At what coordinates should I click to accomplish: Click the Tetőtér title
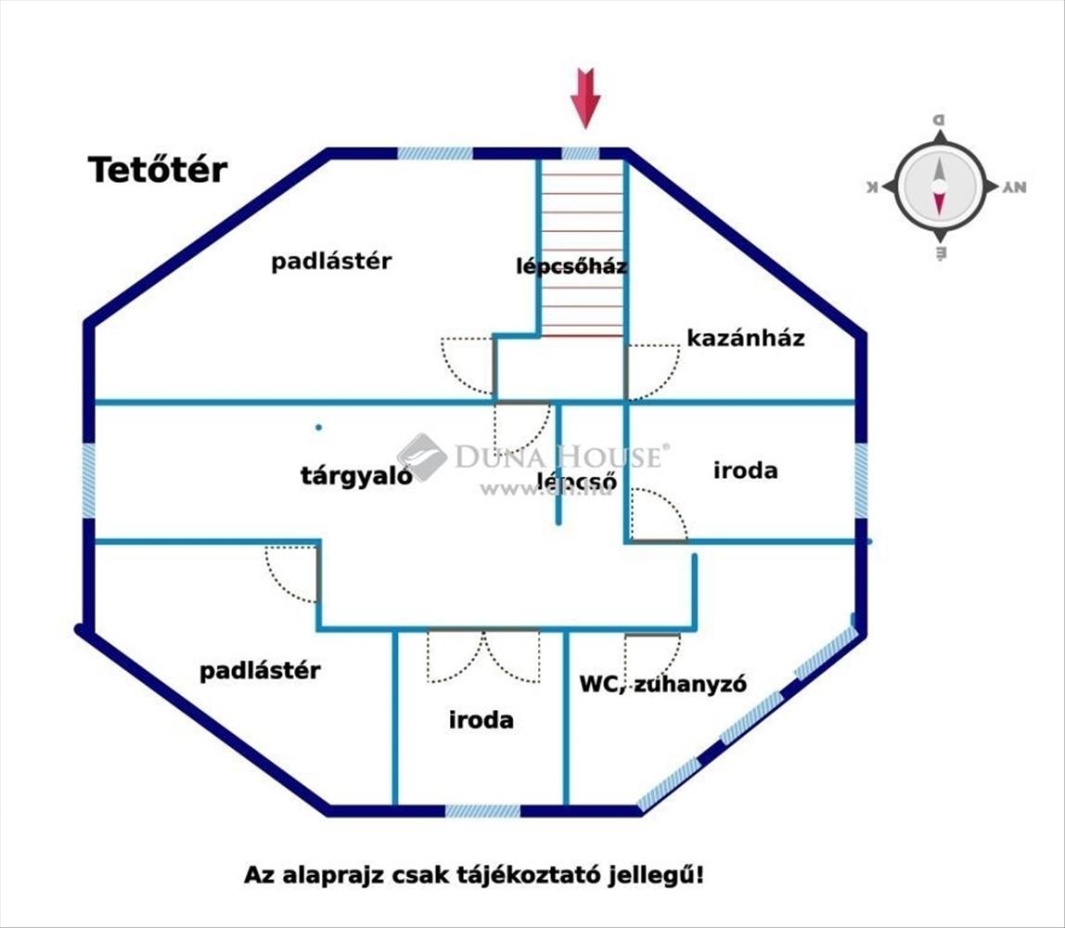(x=158, y=170)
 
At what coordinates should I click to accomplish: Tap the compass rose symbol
(x=939, y=186)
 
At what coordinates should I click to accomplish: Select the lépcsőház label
(x=571, y=266)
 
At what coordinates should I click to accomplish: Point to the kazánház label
(x=745, y=338)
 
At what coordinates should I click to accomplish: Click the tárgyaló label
(x=356, y=476)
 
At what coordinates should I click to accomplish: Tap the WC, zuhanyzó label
(x=663, y=685)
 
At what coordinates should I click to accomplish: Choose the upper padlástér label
(x=331, y=262)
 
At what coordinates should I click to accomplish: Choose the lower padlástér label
(x=260, y=670)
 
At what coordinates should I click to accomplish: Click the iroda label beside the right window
(x=745, y=470)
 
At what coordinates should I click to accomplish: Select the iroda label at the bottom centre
(x=481, y=720)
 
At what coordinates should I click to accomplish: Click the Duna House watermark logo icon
(x=422, y=457)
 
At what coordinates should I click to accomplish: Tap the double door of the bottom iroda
(x=483, y=655)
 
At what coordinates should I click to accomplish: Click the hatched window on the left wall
(x=89, y=481)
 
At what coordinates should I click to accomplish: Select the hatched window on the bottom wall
(x=482, y=810)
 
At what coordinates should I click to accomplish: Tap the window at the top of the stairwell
(x=581, y=153)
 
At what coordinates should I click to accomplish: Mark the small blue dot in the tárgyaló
(x=318, y=428)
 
